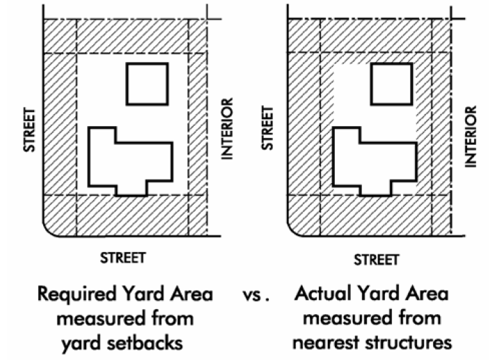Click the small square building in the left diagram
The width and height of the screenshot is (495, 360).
point(146,84)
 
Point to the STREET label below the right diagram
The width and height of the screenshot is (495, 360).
point(377,259)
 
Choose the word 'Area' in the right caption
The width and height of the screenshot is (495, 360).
point(427,295)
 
